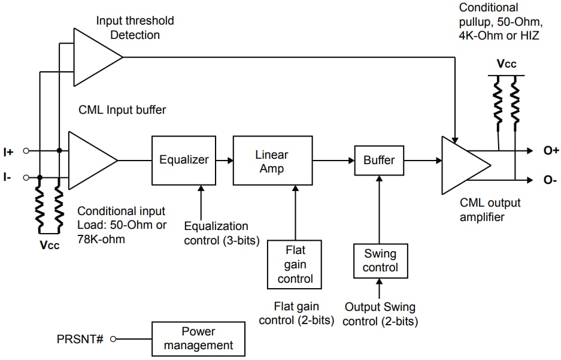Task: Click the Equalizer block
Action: pos(184,160)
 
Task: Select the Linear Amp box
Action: pos(272,162)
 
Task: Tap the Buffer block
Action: pos(378,160)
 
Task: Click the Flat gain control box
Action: pos(295,264)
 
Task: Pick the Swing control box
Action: pos(380,261)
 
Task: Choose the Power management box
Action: pos(198,338)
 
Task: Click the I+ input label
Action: pos(8,152)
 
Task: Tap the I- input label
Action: pos(8,178)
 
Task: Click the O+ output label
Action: pos(551,150)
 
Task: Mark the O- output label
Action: pos(550,180)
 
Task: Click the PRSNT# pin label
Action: pos(81,339)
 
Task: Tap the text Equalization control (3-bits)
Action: pos(216,234)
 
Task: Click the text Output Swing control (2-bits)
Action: pos(380,314)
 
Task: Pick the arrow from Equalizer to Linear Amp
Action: pos(225,160)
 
